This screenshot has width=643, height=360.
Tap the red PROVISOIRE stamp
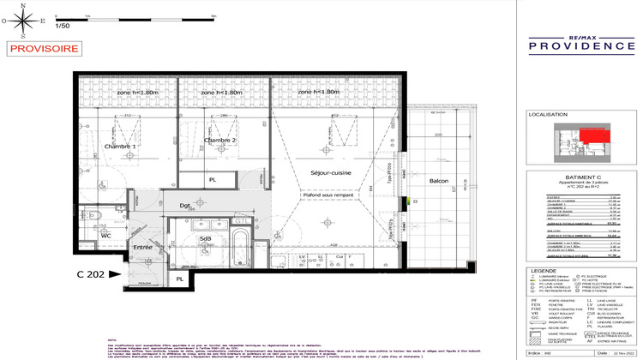39,49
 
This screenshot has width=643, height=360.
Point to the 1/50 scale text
62,27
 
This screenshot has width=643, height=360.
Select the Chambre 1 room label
121,147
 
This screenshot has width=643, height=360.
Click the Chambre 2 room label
220,139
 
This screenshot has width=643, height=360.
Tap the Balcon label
439,180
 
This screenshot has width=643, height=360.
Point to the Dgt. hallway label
185,206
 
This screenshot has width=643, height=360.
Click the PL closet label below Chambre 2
213,180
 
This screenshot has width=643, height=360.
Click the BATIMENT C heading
569,177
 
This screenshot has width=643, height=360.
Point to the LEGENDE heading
544,271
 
